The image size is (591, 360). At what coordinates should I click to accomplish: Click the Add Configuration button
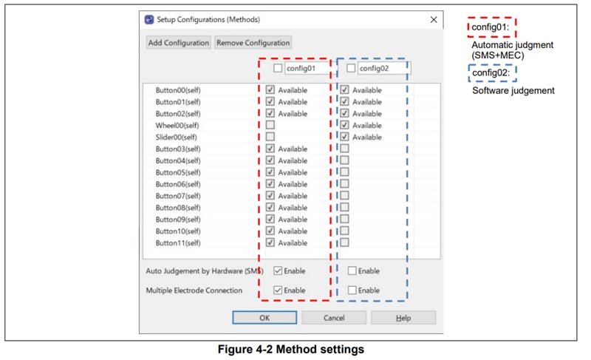pos(178,43)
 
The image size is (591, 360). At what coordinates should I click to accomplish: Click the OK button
pos(264,318)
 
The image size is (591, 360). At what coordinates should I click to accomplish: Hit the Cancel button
pos(334,318)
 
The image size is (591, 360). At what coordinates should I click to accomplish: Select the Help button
pos(403,318)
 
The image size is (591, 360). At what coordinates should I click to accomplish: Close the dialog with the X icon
pos(434,20)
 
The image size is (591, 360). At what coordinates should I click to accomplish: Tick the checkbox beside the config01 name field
pos(278,68)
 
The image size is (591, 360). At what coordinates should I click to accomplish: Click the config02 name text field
pos(383,68)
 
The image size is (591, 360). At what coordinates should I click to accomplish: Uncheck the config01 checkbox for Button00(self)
pos(270,89)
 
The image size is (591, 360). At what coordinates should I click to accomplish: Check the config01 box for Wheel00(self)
pos(270,125)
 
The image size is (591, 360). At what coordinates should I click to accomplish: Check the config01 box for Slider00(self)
pos(270,137)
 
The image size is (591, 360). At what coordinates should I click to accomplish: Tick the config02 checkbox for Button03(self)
pos(344,149)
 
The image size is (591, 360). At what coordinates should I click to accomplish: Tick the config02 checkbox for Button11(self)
pos(344,242)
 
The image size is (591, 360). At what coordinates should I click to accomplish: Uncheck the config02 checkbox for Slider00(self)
pos(344,137)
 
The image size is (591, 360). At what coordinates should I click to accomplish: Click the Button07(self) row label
pos(178,196)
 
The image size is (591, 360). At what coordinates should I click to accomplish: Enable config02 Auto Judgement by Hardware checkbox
pos(352,271)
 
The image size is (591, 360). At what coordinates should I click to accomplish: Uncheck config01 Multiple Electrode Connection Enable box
pos(278,291)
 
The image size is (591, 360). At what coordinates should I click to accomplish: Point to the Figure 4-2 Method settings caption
pos(291,350)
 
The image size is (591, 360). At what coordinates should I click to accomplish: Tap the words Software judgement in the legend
pos(513,90)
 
